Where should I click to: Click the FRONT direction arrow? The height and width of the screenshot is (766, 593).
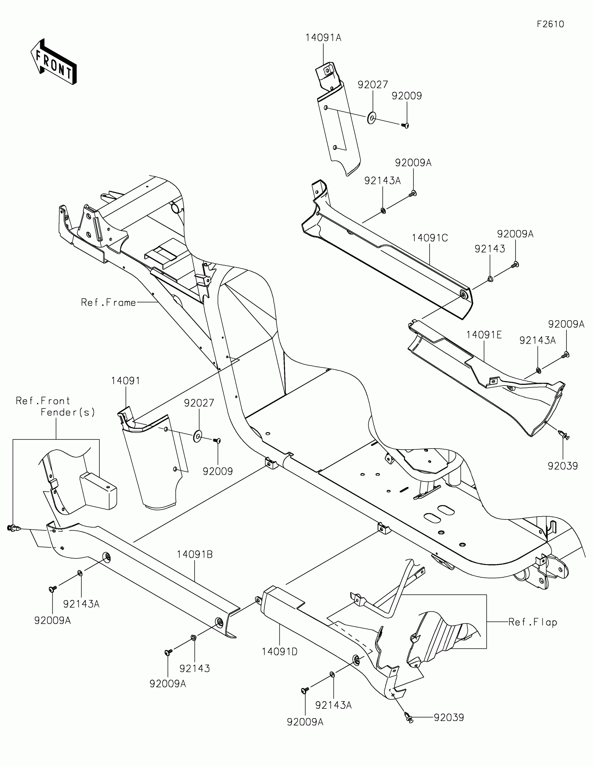[54, 62]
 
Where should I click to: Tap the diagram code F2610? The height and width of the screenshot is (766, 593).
[550, 24]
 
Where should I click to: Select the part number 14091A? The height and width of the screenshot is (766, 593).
[323, 38]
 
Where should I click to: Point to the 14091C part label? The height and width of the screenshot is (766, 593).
[430, 238]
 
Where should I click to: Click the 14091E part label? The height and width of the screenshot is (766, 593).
[483, 335]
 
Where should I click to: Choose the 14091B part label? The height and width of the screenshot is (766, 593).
[195, 554]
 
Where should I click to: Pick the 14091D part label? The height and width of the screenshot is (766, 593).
[279, 652]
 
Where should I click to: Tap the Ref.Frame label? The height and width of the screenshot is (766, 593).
[108, 302]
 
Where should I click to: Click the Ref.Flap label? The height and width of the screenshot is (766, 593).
[533, 622]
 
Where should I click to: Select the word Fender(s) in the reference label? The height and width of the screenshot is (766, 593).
[68, 412]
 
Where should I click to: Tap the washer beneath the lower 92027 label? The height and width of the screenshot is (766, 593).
[198, 437]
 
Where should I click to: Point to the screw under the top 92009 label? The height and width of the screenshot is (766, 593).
[406, 125]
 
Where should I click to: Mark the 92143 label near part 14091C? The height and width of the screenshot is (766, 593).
[489, 249]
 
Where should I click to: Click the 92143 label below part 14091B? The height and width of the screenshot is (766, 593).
[195, 668]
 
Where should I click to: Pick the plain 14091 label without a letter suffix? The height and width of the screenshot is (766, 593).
[126, 381]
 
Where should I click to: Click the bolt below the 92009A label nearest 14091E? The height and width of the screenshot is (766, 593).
[565, 355]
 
